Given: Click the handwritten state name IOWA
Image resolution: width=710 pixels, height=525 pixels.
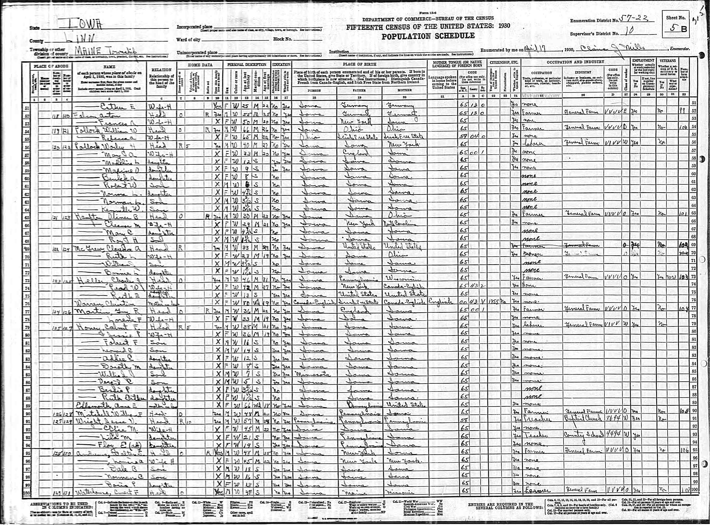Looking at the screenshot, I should (x=81, y=24).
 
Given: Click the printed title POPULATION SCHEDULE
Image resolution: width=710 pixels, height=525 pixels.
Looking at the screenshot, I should (x=428, y=36).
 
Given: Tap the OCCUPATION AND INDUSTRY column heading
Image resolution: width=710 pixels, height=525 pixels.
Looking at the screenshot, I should (x=575, y=62).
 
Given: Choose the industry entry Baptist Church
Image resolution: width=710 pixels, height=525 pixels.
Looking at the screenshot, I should (x=583, y=418).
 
